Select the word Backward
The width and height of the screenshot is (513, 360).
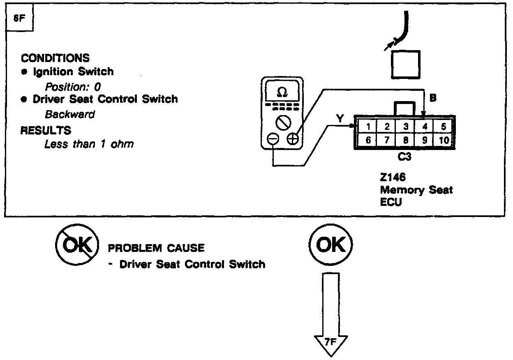(70, 114)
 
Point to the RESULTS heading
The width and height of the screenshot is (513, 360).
(46, 131)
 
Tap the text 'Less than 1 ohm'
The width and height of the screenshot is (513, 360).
(89, 144)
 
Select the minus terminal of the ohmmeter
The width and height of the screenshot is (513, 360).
(273, 140)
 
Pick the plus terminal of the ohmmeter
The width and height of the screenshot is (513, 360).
(292, 139)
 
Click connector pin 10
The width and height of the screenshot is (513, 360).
(444, 140)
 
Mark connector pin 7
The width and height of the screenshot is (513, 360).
(387, 140)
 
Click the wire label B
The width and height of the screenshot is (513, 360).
(433, 99)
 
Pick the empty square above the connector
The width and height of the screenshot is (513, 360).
(406, 64)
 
